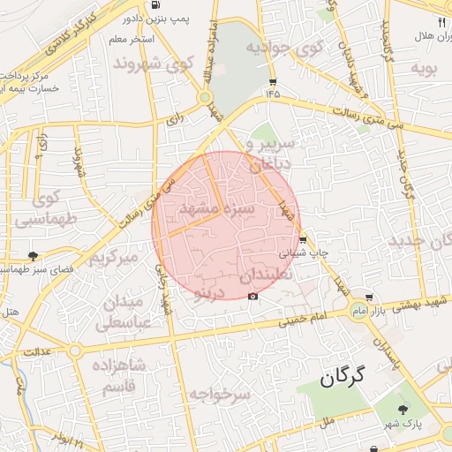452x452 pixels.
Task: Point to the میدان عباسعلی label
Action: [x=124, y=312]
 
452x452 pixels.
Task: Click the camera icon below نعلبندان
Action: [x=253, y=295]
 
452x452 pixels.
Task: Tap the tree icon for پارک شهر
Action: [x=403, y=409]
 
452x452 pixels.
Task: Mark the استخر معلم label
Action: [x=130, y=40]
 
